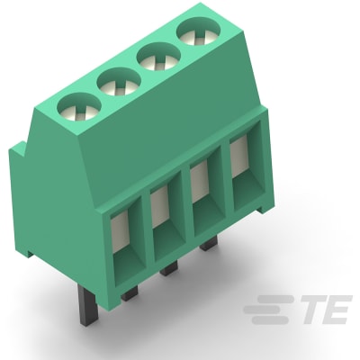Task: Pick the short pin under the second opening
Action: click(x=169, y=268)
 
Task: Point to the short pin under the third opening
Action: click(x=209, y=244)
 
